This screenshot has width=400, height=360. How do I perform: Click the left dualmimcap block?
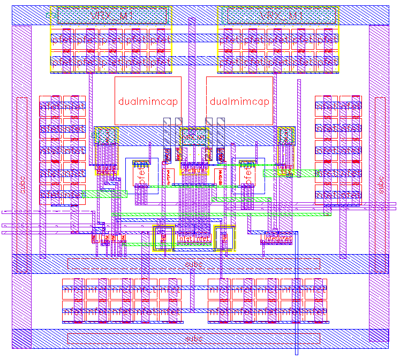point(148,101)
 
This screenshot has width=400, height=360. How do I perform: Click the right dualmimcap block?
point(239,101)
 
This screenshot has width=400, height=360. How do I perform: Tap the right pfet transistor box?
point(248,177)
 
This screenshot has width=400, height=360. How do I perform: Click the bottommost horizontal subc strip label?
point(193,339)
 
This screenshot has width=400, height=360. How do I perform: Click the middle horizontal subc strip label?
point(193,264)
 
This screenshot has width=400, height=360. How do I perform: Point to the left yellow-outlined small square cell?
point(163,238)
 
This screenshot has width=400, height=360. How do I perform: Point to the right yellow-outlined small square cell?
point(225,238)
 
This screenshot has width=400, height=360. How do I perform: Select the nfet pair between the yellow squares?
point(194,238)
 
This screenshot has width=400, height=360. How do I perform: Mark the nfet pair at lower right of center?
point(278,238)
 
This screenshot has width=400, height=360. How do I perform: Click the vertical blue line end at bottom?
point(297,353)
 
